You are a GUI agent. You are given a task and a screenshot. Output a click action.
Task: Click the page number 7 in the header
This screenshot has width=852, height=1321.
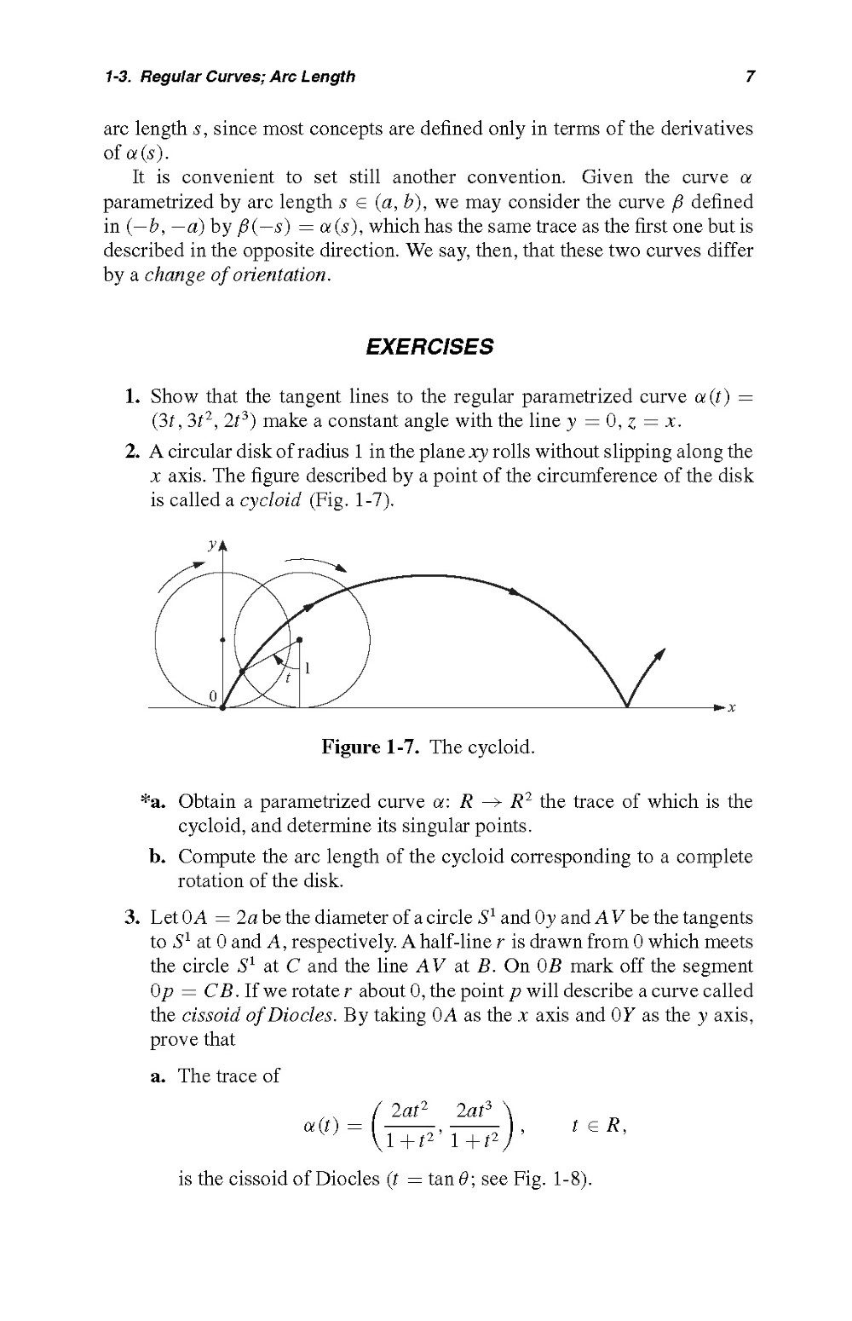749,77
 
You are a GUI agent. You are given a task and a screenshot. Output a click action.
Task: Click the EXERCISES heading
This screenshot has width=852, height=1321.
429,347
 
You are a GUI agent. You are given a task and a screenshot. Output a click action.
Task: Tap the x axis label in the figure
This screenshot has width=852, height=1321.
732,707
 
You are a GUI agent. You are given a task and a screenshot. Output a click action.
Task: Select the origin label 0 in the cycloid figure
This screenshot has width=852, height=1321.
213,696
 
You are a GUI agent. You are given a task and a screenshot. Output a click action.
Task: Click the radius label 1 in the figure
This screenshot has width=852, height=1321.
307,669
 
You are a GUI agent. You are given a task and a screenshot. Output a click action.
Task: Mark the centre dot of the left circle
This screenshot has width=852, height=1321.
222,639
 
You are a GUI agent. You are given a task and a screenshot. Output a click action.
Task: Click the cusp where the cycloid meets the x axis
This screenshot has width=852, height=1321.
627,707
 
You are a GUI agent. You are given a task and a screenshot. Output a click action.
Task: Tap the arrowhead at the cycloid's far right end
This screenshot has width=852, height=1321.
659,653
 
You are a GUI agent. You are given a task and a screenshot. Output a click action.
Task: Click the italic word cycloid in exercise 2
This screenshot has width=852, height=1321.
270,500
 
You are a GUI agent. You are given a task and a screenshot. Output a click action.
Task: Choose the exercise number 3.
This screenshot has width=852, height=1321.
131,918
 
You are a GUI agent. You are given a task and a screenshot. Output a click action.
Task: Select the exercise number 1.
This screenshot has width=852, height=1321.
131,397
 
